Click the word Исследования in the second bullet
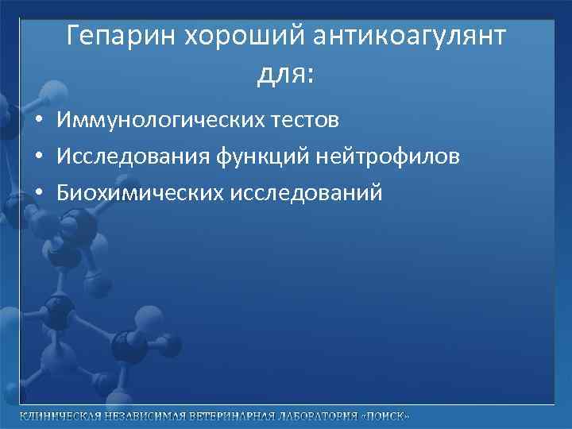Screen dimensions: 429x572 point(131,157)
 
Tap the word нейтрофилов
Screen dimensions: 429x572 point(388,157)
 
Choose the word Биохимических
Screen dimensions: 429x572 point(140,193)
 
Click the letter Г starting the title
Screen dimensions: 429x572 point(72,36)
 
